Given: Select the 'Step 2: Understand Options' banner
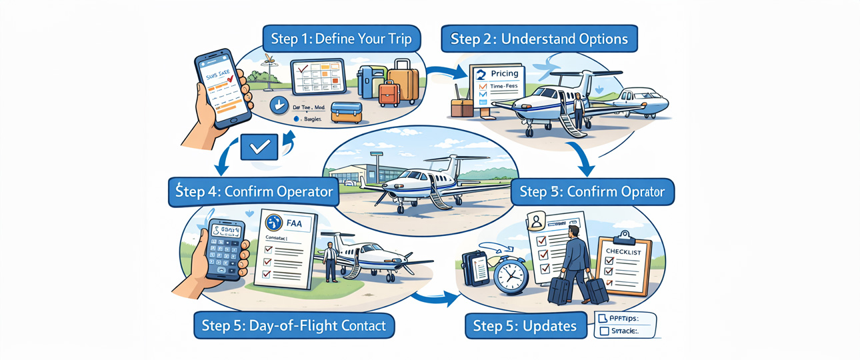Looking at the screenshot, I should [539, 39].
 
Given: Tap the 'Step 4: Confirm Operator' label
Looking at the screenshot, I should [251, 192].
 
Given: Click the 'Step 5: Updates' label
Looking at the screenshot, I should [525, 325].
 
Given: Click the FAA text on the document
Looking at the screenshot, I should [293, 223].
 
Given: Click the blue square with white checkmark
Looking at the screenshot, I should [259, 147].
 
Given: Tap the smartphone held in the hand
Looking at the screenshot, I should [222, 89].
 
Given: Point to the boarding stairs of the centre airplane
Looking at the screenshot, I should [438, 198].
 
